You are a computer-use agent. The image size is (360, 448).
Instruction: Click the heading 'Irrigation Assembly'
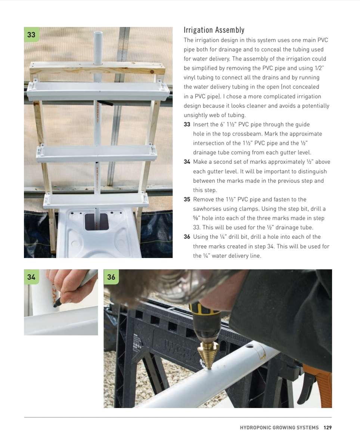tap(214, 30)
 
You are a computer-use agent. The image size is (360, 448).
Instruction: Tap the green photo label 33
tap(31, 35)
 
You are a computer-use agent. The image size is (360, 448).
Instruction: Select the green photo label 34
tap(31, 277)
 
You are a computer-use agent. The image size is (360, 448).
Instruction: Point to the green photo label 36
tap(111, 277)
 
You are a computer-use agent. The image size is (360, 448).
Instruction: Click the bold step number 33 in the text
tap(187, 124)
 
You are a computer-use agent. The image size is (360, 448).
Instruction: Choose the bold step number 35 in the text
tap(187, 199)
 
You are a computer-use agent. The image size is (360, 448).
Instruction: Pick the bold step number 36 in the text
tap(187, 237)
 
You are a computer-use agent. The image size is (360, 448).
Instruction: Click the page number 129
tap(328, 427)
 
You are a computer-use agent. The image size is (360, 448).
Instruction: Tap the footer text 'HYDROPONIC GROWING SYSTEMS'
tap(279, 427)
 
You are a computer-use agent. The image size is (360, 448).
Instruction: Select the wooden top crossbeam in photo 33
tap(97, 68)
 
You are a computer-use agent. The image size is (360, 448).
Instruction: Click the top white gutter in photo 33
tap(98, 91)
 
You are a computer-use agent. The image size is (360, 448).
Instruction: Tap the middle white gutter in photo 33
tap(96, 153)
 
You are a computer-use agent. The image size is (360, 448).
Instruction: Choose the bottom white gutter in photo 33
tap(96, 201)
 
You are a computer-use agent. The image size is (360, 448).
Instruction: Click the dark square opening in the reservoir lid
tap(97, 222)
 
